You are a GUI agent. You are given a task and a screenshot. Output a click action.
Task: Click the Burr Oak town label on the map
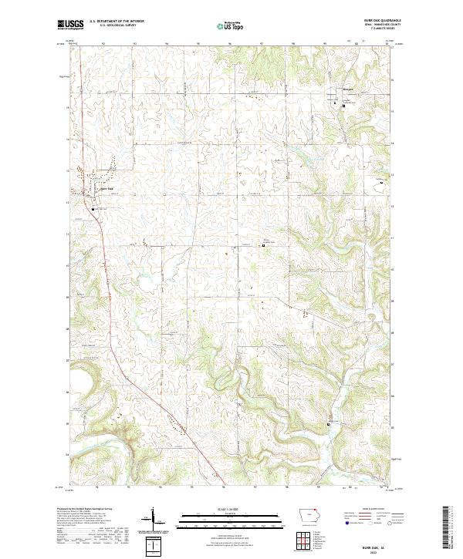[x=107, y=189]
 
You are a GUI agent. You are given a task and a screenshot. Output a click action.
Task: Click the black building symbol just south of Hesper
[x=343, y=106]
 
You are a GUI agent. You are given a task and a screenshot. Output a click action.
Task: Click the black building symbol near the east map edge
[x=379, y=183]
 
